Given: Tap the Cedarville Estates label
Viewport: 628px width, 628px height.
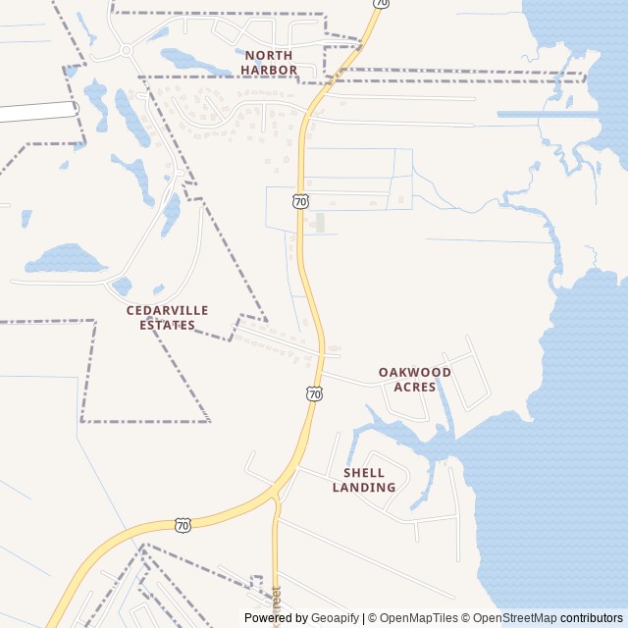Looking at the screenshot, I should click(x=167, y=317).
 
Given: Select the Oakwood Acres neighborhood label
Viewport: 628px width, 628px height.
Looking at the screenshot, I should click(x=415, y=380).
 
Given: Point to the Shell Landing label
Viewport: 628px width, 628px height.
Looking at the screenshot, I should click(x=364, y=480).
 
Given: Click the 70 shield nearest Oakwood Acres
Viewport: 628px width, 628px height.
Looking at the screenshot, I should click(x=314, y=393).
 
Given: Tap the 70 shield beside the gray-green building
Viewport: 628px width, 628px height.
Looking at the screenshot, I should click(x=300, y=201).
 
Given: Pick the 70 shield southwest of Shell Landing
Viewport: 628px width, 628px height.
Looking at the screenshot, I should click(x=183, y=525).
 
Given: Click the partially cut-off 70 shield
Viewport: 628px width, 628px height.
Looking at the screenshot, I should click(x=381, y=3).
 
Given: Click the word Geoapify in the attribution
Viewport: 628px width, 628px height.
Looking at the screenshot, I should click(x=336, y=618).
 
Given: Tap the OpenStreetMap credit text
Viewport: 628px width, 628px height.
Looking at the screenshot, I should click(x=516, y=618).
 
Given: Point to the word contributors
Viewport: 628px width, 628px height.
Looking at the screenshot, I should click(x=592, y=618).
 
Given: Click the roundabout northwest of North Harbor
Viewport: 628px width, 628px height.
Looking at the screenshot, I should click(x=127, y=50).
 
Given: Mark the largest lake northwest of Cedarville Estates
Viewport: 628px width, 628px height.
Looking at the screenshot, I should click(x=65, y=260).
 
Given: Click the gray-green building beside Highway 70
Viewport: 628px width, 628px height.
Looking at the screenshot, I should click(x=319, y=223).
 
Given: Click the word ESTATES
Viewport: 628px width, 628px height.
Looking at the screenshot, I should click(x=167, y=325).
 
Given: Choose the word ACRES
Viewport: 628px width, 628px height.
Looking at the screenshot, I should click(x=415, y=388).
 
